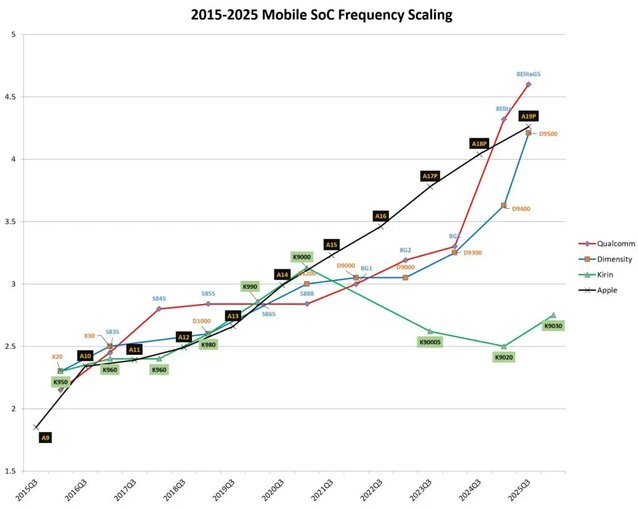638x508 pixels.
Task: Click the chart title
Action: [321, 15]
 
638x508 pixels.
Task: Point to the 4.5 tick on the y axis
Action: [11, 97]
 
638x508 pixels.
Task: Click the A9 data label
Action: [45, 438]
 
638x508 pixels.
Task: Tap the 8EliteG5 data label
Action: [528, 74]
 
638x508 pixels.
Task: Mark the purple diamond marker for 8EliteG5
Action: [528, 84]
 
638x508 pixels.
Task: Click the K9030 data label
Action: [553, 325]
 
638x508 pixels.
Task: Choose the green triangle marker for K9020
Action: [504, 346]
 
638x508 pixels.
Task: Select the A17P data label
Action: [430, 176]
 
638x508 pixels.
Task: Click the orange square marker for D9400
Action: [504, 205]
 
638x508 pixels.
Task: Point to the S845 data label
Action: [159, 299]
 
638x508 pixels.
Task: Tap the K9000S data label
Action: [430, 342]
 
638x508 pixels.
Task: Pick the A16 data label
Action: [381, 216]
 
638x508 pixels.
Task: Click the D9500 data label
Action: [548, 133]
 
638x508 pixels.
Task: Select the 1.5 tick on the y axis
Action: [11, 471]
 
